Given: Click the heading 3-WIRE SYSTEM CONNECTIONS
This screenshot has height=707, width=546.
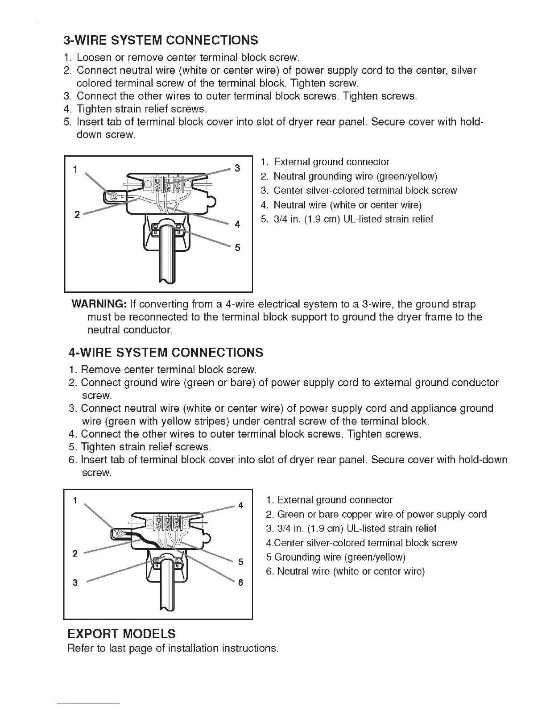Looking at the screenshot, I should (161, 41).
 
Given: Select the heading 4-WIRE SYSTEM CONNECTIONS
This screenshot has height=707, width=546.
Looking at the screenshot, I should (166, 353).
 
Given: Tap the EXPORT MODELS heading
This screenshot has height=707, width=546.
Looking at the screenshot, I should (121, 634).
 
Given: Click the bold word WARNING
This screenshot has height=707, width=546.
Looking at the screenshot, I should (99, 304).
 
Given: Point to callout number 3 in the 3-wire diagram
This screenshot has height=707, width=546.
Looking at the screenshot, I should (237, 168).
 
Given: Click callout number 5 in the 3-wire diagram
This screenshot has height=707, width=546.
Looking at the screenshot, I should (237, 247).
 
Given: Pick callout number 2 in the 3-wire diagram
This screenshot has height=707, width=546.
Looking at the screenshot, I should (77, 215).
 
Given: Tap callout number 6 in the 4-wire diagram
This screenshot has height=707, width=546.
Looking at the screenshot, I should (241, 582).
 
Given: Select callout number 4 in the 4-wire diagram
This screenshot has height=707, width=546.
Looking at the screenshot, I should (241, 505).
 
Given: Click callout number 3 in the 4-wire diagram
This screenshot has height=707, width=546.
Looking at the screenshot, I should (75, 582).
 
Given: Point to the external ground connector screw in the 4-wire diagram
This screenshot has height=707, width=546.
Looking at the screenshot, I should (119, 533).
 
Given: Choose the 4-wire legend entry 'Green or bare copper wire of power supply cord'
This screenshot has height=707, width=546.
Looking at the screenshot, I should (376, 514).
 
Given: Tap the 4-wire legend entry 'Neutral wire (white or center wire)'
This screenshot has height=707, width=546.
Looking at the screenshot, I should (345, 571).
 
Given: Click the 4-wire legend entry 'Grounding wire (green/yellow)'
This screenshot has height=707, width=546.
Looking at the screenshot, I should (335, 557).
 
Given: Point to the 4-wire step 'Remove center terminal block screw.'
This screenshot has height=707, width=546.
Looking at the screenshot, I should (163, 370).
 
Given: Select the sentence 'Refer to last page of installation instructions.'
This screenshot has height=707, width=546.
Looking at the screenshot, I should (173, 648).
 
